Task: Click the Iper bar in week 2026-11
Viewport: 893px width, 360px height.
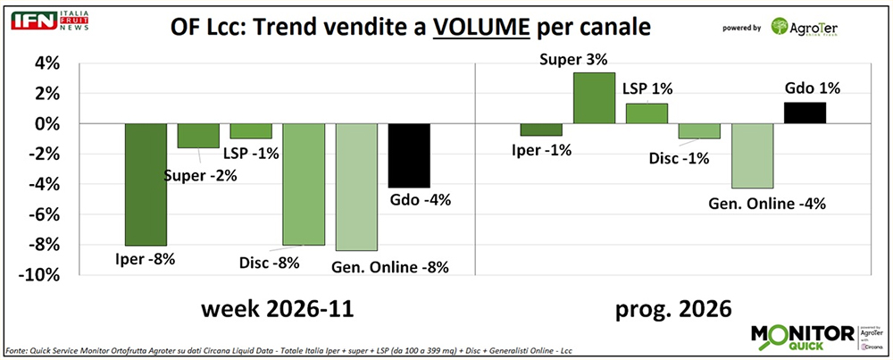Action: click(x=146, y=184)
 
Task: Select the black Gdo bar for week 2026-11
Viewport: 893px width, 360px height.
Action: click(x=409, y=155)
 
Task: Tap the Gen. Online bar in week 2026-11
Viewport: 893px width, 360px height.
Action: click(x=356, y=187)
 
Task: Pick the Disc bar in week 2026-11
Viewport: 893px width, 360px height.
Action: click(x=304, y=184)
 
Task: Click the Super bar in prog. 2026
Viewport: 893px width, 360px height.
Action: click(x=593, y=98)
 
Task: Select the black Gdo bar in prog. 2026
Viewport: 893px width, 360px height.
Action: click(x=804, y=113)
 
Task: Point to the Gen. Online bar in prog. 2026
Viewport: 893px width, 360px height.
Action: click(x=752, y=155)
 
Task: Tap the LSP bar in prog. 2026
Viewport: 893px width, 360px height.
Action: click(x=646, y=113)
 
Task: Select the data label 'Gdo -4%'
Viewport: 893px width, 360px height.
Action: click(x=419, y=199)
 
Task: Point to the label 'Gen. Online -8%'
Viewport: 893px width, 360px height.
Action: click(x=390, y=266)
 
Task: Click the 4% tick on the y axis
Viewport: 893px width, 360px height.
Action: click(x=47, y=63)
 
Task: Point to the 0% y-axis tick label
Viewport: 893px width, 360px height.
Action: click(x=47, y=124)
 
